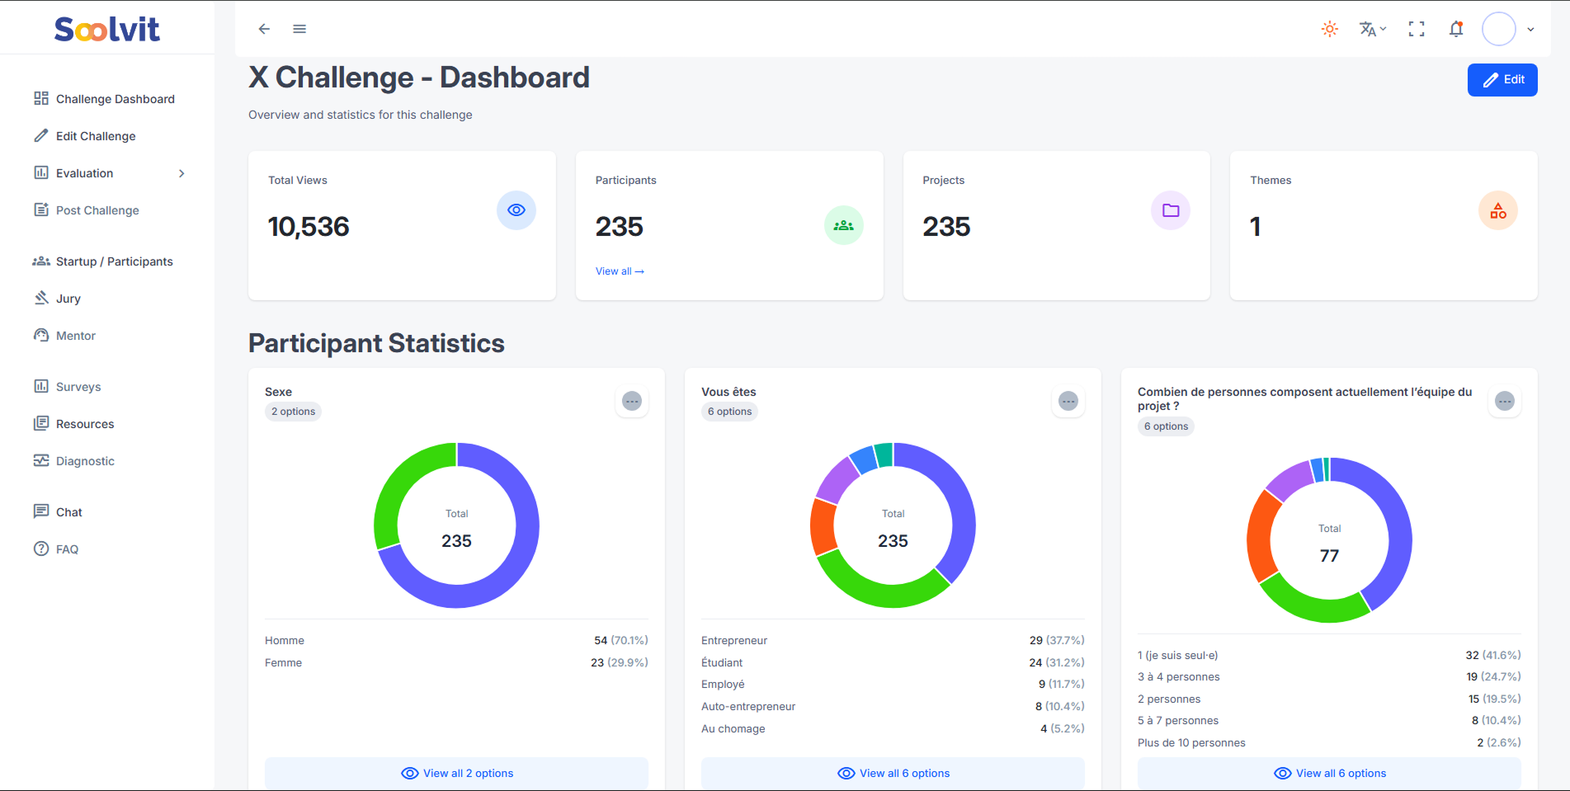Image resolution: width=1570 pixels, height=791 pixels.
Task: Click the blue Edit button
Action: tap(1502, 80)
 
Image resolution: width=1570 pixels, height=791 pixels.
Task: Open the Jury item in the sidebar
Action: tap(68, 299)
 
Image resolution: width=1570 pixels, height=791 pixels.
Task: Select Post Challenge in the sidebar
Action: tap(97, 210)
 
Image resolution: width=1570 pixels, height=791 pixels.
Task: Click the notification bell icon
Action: tap(1456, 29)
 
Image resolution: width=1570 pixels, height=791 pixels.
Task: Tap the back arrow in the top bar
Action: tap(264, 29)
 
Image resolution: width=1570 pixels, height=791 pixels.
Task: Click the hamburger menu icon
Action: tap(299, 29)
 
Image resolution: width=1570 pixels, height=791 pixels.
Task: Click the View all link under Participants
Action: tap(619, 271)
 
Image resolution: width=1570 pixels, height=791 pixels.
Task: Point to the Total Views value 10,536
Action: tap(309, 227)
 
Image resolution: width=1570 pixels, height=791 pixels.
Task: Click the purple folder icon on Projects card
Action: tap(1170, 210)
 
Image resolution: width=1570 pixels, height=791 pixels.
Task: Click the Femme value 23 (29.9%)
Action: tap(619, 662)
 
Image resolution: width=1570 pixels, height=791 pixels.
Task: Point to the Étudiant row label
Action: tap(722, 662)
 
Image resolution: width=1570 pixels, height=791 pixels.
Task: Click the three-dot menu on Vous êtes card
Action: tap(1068, 401)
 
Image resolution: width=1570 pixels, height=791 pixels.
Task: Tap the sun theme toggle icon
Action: tap(1329, 29)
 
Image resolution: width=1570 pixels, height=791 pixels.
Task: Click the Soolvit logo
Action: tap(107, 30)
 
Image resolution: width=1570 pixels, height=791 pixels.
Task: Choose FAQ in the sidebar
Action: tap(67, 549)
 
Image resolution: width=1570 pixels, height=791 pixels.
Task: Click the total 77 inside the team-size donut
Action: tap(1329, 556)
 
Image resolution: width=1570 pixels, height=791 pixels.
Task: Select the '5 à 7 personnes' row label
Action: tap(1177, 721)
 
